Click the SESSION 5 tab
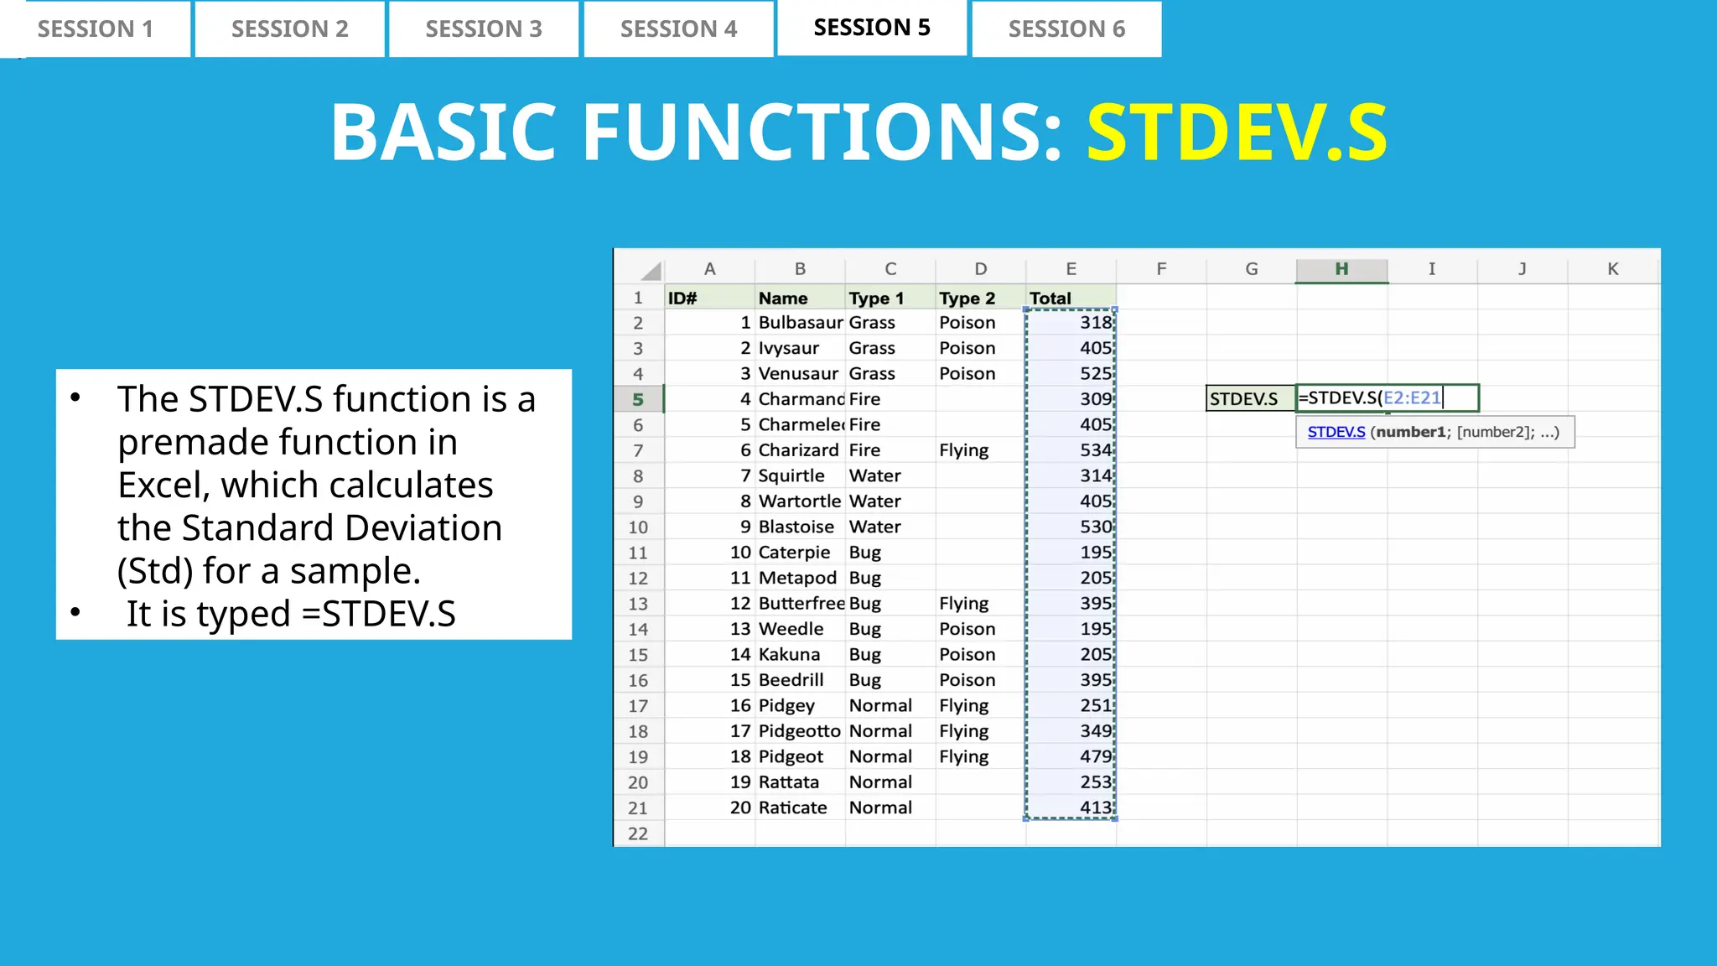click(x=872, y=28)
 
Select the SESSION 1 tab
click(x=96, y=29)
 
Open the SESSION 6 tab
click(x=1066, y=29)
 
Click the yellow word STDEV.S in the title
click(x=1237, y=132)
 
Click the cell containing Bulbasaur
click(x=800, y=323)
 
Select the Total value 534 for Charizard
click(x=1095, y=450)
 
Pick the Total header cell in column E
click(x=1050, y=299)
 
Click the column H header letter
click(x=1341, y=269)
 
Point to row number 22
click(x=638, y=834)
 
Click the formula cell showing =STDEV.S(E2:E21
click(x=1387, y=398)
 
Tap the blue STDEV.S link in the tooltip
click(x=1336, y=433)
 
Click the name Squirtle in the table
click(x=791, y=476)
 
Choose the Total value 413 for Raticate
click(x=1095, y=808)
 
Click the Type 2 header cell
click(x=967, y=299)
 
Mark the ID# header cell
click(x=682, y=299)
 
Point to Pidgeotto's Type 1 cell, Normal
click(x=880, y=731)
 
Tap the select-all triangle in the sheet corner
click(x=651, y=271)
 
